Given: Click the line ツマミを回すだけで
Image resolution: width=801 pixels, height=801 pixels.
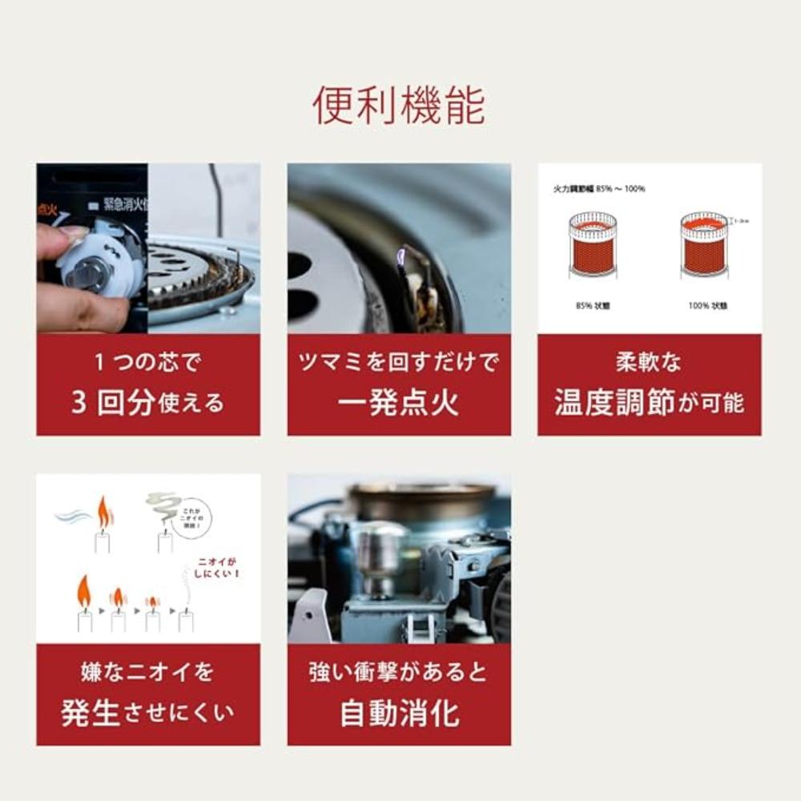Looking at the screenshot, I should click(x=398, y=362).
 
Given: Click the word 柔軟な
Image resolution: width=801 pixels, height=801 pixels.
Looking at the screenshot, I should click(x=649, y=362).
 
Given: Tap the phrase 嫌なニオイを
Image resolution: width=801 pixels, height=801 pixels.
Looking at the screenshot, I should click(x=148, y=672).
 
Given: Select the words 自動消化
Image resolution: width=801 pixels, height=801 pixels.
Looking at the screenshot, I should click(x=398, y=713).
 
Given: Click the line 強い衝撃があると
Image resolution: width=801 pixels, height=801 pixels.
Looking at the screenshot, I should click(x=398, y=672).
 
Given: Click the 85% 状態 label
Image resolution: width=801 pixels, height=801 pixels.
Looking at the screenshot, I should click(x=593, y=306).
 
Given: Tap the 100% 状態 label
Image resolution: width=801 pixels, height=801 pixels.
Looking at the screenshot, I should click(x=705, y=306).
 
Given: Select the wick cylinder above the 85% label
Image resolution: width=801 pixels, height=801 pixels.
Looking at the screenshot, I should click(x=593, y=244).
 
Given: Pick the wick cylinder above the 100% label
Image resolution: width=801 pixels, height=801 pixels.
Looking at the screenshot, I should click(x=704, y=244).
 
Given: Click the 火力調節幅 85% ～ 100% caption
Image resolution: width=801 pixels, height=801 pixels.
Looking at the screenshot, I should click(x=599, y=189).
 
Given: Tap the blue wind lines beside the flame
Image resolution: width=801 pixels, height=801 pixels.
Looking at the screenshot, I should click(x=74, y=515).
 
